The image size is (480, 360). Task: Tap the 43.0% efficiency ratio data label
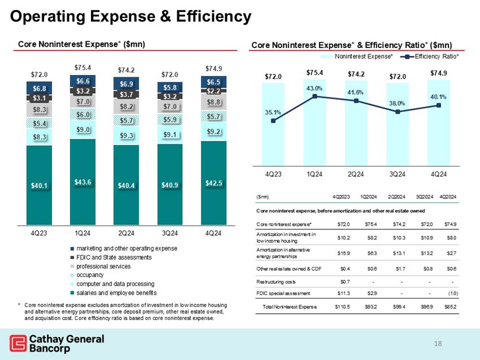tap(315, 88)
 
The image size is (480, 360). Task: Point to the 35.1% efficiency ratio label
tap(273, 112)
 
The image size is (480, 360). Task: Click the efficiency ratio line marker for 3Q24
tap(398, 112)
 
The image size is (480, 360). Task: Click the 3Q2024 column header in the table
tap(424, 196)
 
